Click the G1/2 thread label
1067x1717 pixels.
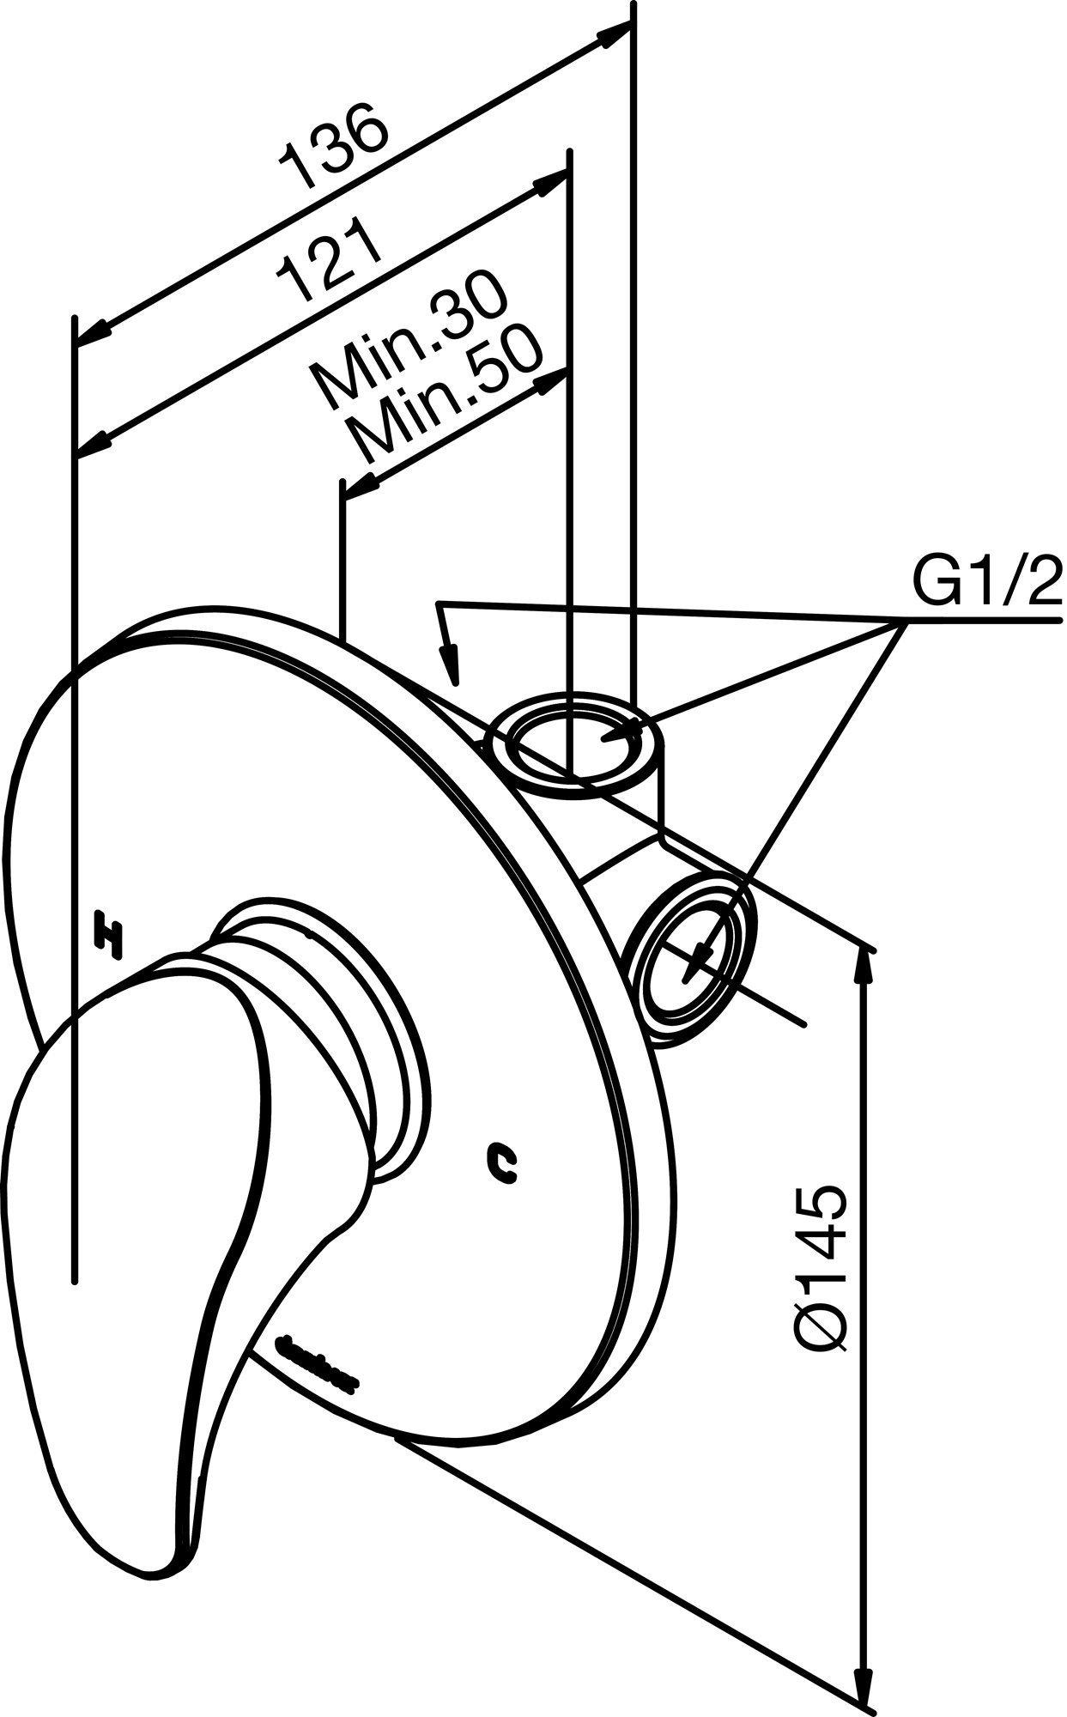pos(986,585)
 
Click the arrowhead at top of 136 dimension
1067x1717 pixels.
pos(615,35)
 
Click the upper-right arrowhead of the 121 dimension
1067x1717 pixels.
pos(549,185)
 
